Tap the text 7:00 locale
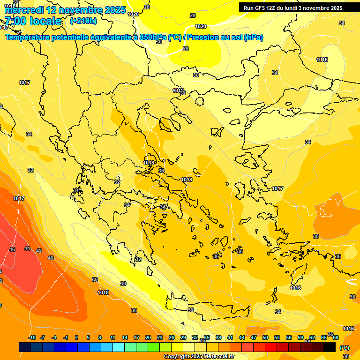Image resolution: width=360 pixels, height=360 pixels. (33, 21)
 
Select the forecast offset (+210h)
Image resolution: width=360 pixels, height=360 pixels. (83, 21)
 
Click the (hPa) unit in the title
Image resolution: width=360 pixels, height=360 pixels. (253, 37)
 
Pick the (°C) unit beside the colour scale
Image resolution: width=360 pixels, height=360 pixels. (345, 348)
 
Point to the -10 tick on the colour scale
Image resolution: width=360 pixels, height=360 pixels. (32, 337)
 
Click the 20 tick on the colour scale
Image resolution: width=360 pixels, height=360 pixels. (148, 337)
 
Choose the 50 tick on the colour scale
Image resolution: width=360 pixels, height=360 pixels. (265, 337)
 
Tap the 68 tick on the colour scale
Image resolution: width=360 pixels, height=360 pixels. (336, 337)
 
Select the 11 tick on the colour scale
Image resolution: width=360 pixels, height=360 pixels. (112, 337)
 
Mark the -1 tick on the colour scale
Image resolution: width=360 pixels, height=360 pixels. (66, 337)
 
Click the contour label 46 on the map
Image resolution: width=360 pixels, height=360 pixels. (12, 249)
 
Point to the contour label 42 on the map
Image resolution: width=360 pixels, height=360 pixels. (39, 251)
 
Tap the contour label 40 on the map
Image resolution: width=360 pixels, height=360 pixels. (51, 258)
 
